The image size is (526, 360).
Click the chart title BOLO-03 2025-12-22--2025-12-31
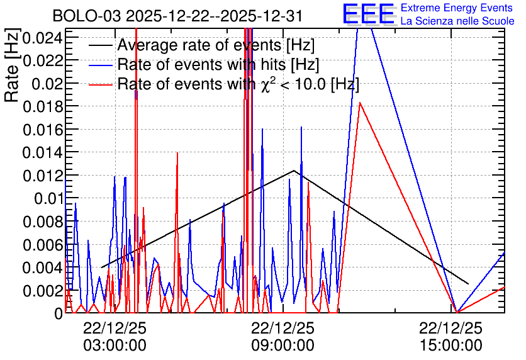177,16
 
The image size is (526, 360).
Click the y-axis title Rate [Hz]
12,65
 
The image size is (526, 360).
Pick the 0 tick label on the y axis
59,313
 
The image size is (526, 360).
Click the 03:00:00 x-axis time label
115,346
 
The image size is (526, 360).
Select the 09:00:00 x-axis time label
283,346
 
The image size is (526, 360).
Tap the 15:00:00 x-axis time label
450,346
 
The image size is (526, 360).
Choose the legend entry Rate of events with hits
218,64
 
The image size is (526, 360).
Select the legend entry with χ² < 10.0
238,84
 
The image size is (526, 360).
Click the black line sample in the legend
101,45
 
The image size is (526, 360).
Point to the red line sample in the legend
101,84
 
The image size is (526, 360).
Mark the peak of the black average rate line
294,171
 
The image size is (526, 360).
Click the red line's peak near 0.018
360,103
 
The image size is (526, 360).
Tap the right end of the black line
468,284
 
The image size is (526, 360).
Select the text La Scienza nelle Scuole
457,21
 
